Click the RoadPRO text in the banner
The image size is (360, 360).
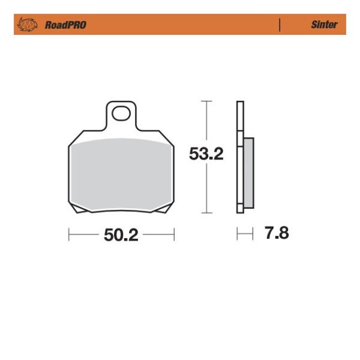point(65,25)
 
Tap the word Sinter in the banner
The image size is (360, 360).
point(324,25)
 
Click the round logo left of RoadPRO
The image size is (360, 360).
point(28,25)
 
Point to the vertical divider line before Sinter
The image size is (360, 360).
point(280,25)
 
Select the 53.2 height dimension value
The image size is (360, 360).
point(206,154)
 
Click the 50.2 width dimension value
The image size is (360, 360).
point(121,235)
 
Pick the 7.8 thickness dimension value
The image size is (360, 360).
point(277,233)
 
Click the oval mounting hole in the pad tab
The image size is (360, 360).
point(121,113)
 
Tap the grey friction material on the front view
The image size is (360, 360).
point(121,175)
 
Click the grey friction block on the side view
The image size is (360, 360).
point(248,173)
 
